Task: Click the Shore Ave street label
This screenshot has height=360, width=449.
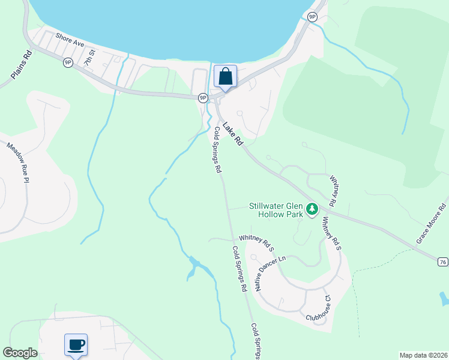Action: click(x=70, y=40)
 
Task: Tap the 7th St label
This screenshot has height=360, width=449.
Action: click(x=89, y=61)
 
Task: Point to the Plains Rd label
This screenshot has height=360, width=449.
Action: click(x=21, y=65)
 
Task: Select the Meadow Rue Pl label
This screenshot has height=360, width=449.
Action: click(x=19, y=163)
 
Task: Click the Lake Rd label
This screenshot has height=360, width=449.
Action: click(x=232, y=134)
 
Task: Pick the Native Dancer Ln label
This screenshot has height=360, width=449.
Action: click(x=271, y=273)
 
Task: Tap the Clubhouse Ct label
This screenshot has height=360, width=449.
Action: click(x=319, y=308)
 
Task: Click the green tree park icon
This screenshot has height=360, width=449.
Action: click(x=312, y=209)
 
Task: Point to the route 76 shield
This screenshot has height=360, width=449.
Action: click(x=442, y=262)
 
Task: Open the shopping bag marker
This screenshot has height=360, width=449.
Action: click(x=225, y=77)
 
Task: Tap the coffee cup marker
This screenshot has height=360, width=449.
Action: click(x=76, y=345)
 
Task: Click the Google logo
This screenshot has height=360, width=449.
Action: click(x=20, y=353)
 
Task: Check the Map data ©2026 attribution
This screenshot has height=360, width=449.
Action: click(x=423, y=355)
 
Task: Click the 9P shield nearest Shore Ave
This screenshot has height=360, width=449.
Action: click(x=68, y=62)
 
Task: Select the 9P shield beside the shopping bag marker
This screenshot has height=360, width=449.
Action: click(x=203, y=97)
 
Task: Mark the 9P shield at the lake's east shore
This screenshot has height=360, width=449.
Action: click(x=312, y=17)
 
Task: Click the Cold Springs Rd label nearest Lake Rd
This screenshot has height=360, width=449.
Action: click(x=215, y=150)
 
